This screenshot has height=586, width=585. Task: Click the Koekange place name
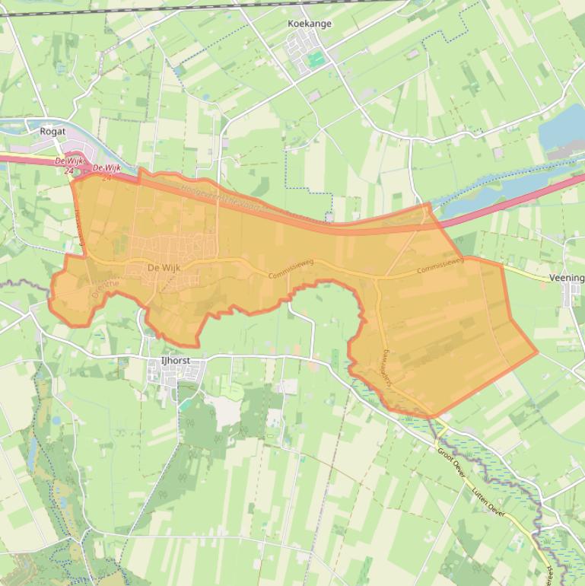(x=310, y=24)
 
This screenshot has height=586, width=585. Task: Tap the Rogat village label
(x=52, y=131)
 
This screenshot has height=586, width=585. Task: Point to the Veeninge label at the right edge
(x=566, y=279)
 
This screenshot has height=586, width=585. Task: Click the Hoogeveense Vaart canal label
(x=228, y=199)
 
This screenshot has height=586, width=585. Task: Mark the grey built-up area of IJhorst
(x=175, y=374)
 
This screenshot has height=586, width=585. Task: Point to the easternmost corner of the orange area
(x=538, y=352)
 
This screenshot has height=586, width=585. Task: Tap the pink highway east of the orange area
(x=517, y=202)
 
